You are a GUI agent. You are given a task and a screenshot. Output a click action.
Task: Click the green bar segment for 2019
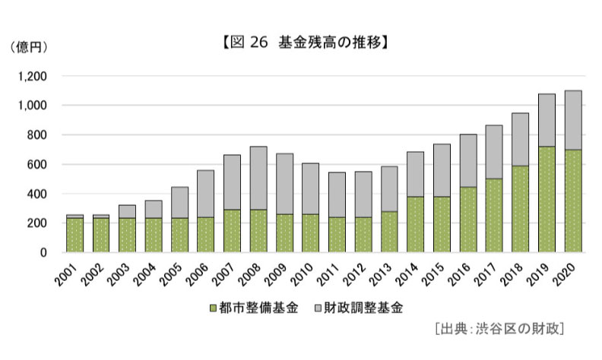pos(547,199)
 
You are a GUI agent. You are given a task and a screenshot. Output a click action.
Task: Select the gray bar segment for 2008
pos(258,178)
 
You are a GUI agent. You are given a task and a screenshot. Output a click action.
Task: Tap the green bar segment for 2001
pos(74,235)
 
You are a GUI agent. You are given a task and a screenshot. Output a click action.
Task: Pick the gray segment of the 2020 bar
pos(573,120)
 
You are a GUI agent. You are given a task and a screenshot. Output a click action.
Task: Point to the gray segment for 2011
pos(337,195)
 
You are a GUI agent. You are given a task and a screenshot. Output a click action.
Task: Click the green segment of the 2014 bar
pos(416,225)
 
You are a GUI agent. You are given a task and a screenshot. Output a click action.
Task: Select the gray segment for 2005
pos(179,203)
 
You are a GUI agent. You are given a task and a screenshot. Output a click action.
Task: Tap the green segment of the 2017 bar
pos(494,215)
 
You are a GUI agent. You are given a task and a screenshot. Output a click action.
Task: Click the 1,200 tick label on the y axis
pos(32,77)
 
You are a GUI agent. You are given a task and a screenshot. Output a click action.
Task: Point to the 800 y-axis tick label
pos(36,135)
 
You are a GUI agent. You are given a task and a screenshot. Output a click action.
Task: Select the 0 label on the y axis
pos(43,253)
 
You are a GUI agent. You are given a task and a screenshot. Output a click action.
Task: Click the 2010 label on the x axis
pos(302,274)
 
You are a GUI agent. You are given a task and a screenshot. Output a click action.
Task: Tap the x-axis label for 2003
pos(119,274)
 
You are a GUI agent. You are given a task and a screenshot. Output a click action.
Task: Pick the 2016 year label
pos(459,274)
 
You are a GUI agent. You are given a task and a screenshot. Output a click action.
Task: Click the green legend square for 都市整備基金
pos(214,308)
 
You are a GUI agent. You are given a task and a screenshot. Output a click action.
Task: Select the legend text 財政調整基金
pos(363,308)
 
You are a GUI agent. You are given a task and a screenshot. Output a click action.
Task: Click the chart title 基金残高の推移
pos(330,43)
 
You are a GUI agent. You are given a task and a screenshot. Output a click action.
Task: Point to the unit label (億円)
pos(29,47)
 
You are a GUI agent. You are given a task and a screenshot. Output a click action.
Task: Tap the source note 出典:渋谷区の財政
pos(500,329)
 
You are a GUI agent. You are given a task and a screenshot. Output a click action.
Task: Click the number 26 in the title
pos(258,43)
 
